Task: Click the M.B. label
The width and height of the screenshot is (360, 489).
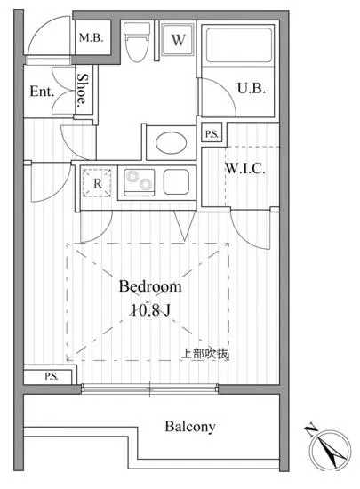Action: tap(91, 38)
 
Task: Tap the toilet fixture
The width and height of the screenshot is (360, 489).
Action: tap(136, 41)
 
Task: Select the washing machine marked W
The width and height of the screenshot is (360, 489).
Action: tap(178, 39)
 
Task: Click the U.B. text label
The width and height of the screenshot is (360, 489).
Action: tap(252, 89)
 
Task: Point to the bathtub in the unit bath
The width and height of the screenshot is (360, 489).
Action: tap(238, 44)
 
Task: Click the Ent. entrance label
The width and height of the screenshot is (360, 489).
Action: tap(42, 92)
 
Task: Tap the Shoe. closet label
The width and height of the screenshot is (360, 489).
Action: tap(83, 90)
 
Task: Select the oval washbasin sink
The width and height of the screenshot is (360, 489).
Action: tap(172, 143)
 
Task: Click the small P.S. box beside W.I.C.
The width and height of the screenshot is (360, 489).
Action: tap(212, 133)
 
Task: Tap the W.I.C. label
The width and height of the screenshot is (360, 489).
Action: tap(245, 169)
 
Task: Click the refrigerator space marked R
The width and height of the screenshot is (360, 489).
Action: tap(97, 183)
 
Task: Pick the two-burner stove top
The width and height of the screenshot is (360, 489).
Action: tap(140, 181)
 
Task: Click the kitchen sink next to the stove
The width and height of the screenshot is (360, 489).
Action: tap(176, 181)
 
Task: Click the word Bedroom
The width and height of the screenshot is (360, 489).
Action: tap(150, 286)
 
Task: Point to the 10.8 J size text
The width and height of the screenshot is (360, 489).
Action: tap(150, 310)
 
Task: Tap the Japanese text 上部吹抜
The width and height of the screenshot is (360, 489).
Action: tap(205, 354)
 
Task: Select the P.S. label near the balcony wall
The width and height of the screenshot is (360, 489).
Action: tap(52, 376)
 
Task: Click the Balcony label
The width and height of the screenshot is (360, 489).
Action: tap(190, 427)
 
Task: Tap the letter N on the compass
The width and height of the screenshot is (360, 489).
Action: tap(310, 429)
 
